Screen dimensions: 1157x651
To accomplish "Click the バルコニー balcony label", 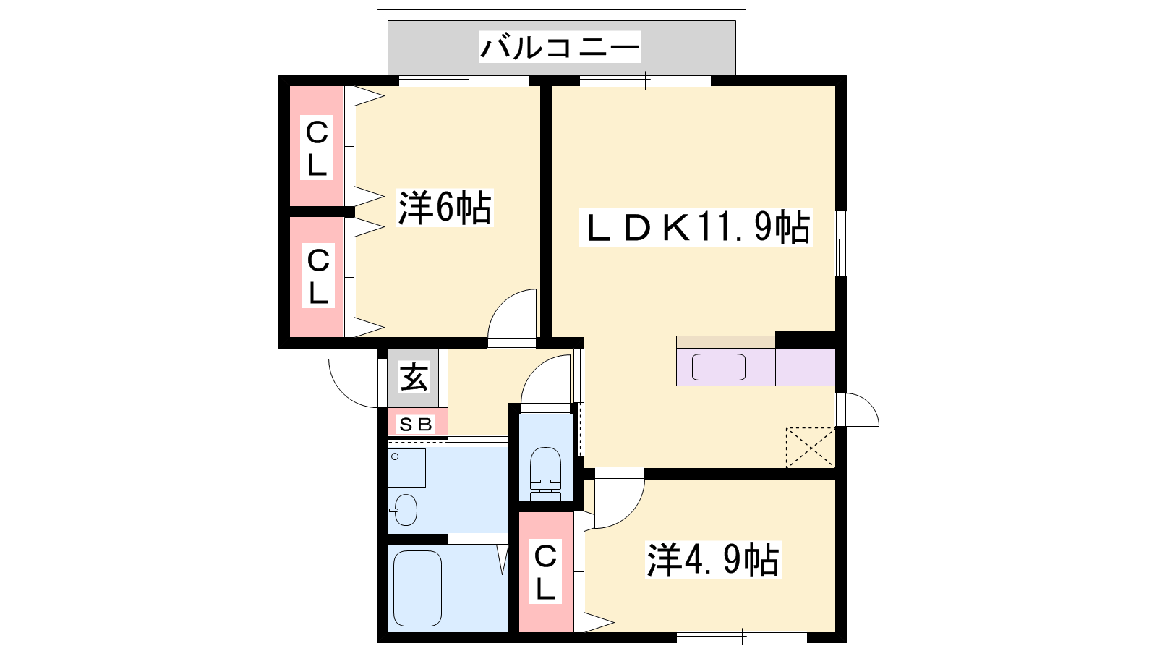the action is [560, 47].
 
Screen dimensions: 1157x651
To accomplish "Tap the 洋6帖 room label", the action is [445, 208].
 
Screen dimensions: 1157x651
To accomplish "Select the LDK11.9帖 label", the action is [695, 227].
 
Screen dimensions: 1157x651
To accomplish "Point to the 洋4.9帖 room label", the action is [713, 560].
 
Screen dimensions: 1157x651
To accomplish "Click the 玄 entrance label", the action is [414, 377].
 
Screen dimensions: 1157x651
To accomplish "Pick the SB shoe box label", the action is [416, 425].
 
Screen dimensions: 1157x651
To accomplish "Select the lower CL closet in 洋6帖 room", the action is [317, 277].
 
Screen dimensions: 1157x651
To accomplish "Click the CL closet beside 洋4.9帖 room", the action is [545, 572].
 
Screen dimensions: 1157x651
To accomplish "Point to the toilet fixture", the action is [545, 473].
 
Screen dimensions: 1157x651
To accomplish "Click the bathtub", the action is [417, 588].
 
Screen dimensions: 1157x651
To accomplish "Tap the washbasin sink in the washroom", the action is [405, 510].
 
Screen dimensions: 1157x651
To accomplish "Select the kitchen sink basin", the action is [719, 367].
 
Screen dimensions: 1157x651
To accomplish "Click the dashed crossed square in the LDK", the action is [811, 448].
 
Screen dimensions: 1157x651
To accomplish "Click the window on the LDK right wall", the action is [841, 243].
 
